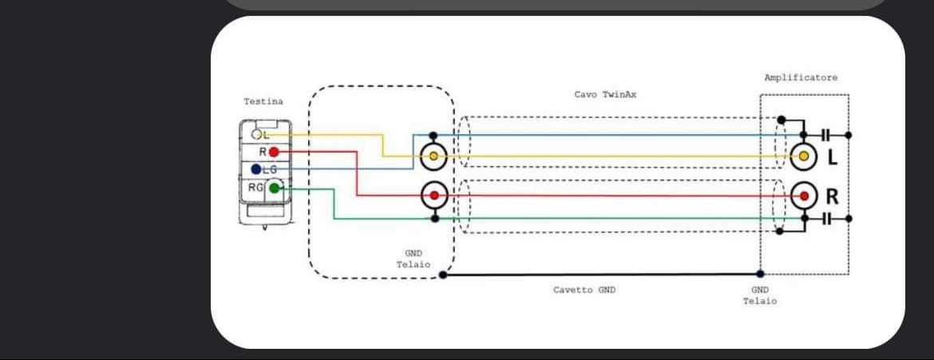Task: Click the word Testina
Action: click(263, 102)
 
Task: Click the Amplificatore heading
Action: click(801, 77)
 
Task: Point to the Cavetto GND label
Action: click(584, 290)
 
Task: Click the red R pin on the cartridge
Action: click(274, 152)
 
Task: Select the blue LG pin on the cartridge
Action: click(255, 169)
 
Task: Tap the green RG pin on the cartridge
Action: click(275, 188)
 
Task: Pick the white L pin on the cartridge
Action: click(257, 135)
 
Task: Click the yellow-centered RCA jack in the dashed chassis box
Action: click(433, 156)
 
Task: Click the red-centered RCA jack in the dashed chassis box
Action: click(433, 194)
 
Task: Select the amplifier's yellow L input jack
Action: click(803, 156)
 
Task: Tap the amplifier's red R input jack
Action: click(803, 195)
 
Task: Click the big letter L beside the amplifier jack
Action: click(832, 157)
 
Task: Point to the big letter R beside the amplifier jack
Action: click(833, 196)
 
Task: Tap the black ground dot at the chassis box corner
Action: click(444, 276)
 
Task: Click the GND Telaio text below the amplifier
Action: click(760, 295)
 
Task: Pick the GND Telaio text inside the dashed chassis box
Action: click(414, 259)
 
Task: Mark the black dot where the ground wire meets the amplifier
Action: click(760, 275)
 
